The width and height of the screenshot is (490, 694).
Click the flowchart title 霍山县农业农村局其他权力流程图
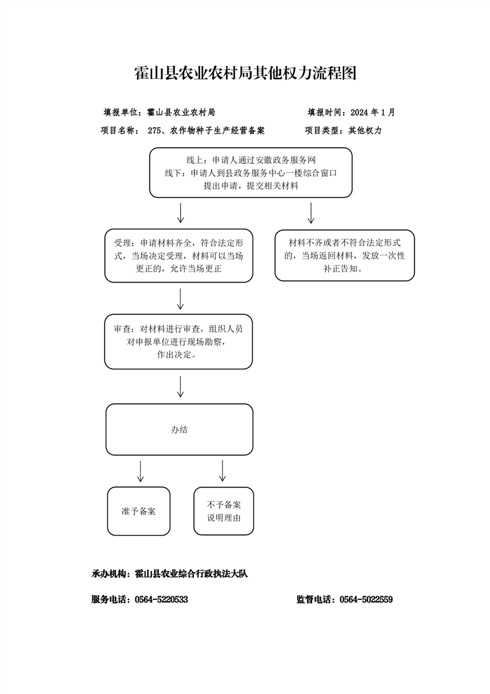pyautogui.click(x=245, y=73)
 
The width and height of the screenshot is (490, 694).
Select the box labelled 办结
pyautogui.click(x=179, y=429)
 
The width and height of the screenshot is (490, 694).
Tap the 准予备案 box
pyautogui.click(x=138, y=511)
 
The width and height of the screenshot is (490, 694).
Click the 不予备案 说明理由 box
pyautogui.click(x=224, y=511)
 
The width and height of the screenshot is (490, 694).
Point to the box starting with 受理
pyautogui.click(x=179, y=255)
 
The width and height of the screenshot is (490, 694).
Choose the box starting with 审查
pyautogui.click(x=178, y=341)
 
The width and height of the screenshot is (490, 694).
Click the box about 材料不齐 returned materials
pyautogui.click(x=345, y=255)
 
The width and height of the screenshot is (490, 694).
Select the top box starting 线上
pyautogui.click(x=251, y=173)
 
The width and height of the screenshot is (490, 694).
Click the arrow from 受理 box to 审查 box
pyautogui.click(x=180, y=299)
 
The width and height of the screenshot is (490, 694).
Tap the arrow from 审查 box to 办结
pyautogui.click(x=180, y=387)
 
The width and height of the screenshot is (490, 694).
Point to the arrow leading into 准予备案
pyautogui.click(x=140, y=471)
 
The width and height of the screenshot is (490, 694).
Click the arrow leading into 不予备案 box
pyautogui.click(x=222, y=471)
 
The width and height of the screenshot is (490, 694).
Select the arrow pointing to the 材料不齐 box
pyautogui.click(x=311, y=213)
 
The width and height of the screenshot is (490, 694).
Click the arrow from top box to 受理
pyautogui.click(x=180, y=213)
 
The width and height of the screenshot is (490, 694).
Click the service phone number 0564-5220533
pyautogui.click(x=161, y=599)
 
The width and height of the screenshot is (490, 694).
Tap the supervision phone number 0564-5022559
pyautogui.click(x=366, y=599)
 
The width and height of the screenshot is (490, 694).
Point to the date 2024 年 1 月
pyautogui.click(x=373, y=113)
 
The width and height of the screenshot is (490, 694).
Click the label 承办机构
pyautogui.click(x=108, y=573)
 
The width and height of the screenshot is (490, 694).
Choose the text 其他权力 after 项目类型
pyautogui.click(x=365, y=131)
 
